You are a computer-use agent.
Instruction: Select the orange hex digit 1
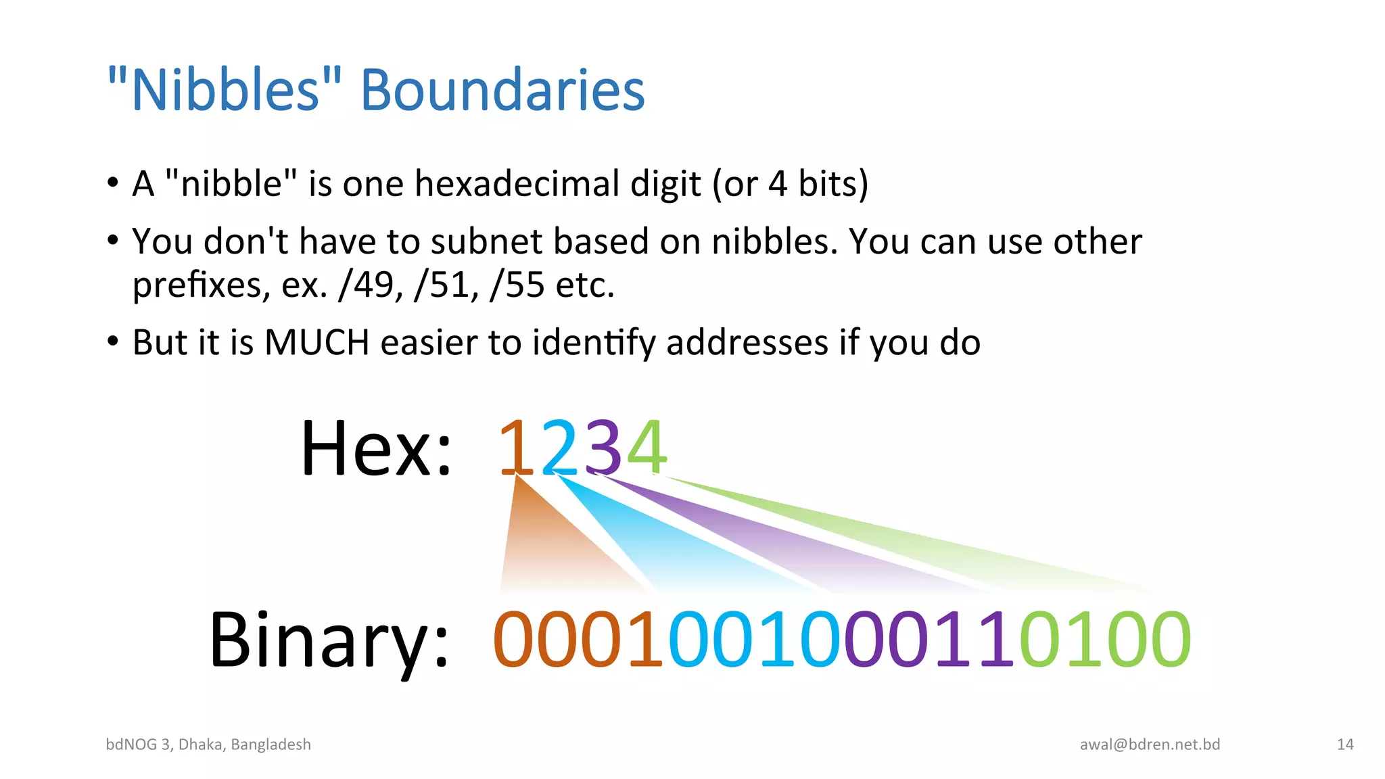517,448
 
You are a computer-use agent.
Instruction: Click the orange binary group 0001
579,639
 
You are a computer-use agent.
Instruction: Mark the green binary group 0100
1105,639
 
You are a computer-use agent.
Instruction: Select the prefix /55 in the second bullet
517,285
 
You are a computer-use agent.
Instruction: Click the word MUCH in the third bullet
317,342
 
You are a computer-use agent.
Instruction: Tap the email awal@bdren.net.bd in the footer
1150,745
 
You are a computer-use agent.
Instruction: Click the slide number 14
1345,745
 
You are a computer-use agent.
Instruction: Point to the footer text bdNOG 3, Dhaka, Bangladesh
208,745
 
